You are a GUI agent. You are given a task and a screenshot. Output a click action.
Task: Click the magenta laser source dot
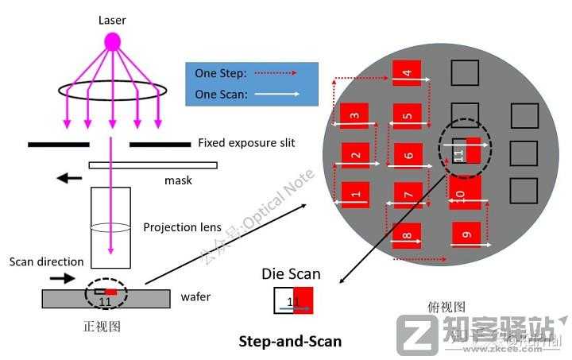point(113,41)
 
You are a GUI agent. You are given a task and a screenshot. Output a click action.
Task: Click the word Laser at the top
point(113,18)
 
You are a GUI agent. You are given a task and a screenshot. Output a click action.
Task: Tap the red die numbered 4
point(407,73)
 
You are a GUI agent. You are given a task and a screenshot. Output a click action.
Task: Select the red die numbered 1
point(355,193)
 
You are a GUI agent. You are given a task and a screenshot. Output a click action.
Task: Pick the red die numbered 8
point(407,234)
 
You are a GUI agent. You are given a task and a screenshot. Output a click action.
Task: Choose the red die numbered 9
point(466,234)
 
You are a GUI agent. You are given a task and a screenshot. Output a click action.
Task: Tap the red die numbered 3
point(354,115)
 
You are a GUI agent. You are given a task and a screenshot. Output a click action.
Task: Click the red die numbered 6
point(408,155)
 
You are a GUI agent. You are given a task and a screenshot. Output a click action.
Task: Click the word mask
point(178,180)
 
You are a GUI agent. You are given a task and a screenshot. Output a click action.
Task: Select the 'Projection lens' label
point(182,227)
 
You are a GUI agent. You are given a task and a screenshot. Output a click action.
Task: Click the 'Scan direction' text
point(47,261)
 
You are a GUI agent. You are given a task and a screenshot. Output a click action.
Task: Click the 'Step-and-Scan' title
point(291,342)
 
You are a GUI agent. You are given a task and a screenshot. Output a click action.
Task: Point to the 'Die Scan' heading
point(291,274)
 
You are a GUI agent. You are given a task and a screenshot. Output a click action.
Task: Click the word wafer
point(196,298)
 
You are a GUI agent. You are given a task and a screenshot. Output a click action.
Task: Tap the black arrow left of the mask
point(69,178)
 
